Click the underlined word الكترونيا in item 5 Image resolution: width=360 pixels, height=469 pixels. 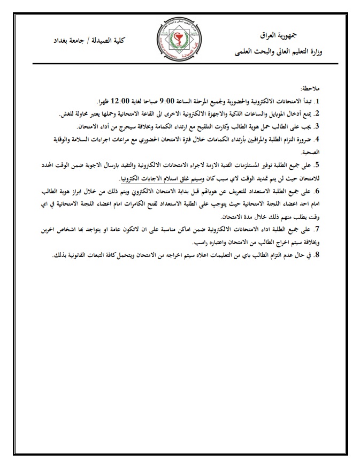136,178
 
